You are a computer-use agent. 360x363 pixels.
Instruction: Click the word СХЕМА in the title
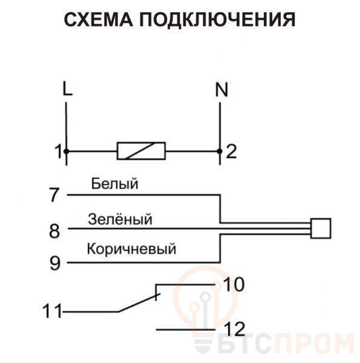click(x=99, y=19)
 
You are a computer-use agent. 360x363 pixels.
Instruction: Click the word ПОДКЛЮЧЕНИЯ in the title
click(x=217, y=20)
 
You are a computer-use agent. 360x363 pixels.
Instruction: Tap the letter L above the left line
click(x=67, y=88)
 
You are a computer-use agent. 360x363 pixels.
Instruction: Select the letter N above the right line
click(x=221, y=90)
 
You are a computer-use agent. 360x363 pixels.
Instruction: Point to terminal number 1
click(x=58, y=151)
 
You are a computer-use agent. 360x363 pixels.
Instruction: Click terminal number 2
click(x=231, y=151)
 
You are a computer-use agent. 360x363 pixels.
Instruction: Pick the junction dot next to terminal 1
click(x=67, y=151)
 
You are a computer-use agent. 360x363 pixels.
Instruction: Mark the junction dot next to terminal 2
click(x=220, y=151)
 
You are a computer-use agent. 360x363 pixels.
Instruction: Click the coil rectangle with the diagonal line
click(x=141, y=151)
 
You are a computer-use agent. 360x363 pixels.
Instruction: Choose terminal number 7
click(x=54, y=195)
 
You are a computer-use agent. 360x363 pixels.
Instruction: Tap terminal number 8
click(x=54, y=231)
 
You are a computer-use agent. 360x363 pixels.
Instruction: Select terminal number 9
click(x=55, y=263)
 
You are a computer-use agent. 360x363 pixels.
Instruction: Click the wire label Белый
click(x=114, y=183)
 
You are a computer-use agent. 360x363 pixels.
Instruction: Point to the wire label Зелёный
click(x=120, y=218)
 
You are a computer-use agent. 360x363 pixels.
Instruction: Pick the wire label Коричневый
click(x=131, y=249)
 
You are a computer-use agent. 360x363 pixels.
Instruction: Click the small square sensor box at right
click(x=321, y=228)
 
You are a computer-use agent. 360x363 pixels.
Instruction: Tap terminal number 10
click(x=234, y=284)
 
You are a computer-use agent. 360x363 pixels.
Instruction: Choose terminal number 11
click(x=52, y=311)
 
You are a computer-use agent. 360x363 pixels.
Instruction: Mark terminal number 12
click(x=235, y=329)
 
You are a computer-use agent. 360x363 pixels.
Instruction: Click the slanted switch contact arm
click(x=139, y=303)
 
